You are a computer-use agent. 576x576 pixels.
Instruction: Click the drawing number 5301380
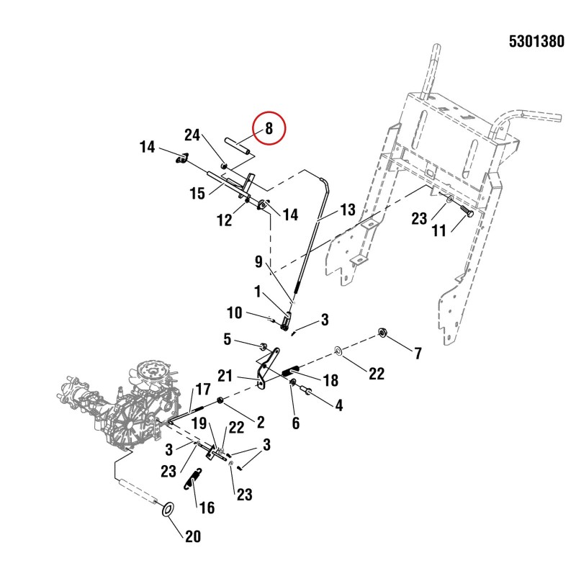click(536, 42)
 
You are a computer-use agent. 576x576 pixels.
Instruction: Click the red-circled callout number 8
click(269, 128)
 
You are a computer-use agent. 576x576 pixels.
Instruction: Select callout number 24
click(192, 135)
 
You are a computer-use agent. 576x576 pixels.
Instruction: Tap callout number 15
click(197, 193)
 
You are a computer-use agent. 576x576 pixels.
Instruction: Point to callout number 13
click(348, 210)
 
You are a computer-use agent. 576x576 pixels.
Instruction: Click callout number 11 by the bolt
click(438, 230)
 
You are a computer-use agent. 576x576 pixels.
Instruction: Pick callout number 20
click(193, 536)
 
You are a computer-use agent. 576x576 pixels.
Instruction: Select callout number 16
click(207, 508)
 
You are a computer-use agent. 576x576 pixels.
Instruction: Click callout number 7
click(418, 354)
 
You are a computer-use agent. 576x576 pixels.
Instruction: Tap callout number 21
click(225, 376)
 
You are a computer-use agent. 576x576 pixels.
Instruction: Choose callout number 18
click(330, 380)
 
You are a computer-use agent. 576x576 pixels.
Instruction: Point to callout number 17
click(203, 390)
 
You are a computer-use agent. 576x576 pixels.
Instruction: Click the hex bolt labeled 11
click(466, 212)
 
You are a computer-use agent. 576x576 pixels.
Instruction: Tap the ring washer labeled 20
click(168, 510)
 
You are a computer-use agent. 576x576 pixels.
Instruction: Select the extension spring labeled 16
click(193, 479)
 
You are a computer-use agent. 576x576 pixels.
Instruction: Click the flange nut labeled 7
click(383, 333)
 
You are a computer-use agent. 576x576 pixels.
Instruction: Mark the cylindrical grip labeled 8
click(238, 146)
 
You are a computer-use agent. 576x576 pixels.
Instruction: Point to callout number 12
click(225, 220)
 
